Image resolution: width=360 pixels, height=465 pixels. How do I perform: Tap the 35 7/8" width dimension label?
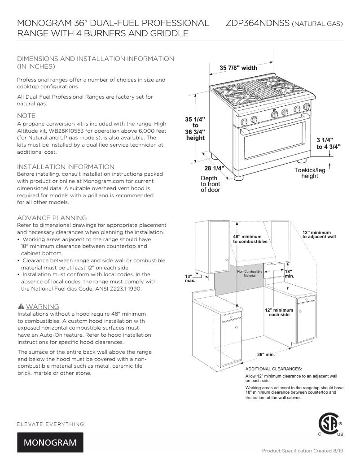coord(238,68)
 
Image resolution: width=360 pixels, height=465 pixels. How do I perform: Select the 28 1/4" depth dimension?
coord(214,169)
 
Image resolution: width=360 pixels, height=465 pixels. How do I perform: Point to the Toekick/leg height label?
coord(310,173)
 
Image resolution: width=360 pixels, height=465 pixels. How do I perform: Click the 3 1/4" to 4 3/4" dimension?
coord(329,143)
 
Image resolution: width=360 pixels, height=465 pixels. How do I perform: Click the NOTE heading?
coord(26,116)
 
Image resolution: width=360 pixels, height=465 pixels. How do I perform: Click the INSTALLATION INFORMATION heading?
coord(66,167)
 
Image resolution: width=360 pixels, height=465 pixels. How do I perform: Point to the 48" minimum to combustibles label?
coord(250,239)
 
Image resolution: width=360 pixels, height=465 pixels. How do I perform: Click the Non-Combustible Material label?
coord(249,274)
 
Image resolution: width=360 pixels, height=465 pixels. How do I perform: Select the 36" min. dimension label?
coord(266,354)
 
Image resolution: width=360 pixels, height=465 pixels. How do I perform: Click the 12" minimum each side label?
coord(279,312)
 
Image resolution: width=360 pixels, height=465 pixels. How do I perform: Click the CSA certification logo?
coord(330,424)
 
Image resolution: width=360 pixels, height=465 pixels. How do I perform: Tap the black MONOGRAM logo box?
coord(50,443)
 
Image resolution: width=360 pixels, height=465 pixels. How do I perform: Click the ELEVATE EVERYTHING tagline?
coord(51,423)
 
